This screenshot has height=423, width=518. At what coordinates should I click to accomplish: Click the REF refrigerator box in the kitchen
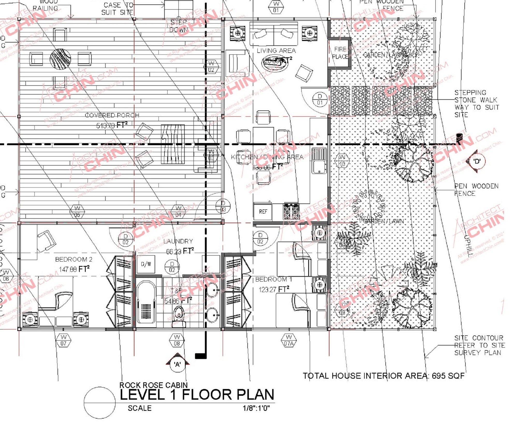263,212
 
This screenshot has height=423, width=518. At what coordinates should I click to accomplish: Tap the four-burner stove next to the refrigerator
291,211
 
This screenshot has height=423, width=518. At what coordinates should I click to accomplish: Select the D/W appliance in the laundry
146,264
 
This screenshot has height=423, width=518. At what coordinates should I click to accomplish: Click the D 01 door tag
320,99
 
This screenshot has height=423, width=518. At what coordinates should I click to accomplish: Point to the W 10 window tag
342,160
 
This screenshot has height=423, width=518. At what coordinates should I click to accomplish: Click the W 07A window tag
289,340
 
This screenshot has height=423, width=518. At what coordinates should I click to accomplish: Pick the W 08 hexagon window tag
177,340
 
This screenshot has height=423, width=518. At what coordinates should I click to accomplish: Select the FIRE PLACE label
340,53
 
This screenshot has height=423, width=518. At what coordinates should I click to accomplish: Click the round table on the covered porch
60,59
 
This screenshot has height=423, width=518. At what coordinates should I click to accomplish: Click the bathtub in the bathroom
146,302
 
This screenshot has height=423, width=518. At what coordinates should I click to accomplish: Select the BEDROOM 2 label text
74,259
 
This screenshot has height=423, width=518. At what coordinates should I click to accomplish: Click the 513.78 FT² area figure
112,125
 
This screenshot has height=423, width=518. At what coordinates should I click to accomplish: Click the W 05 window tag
77,212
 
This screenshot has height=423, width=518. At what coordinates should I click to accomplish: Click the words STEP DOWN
178,26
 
